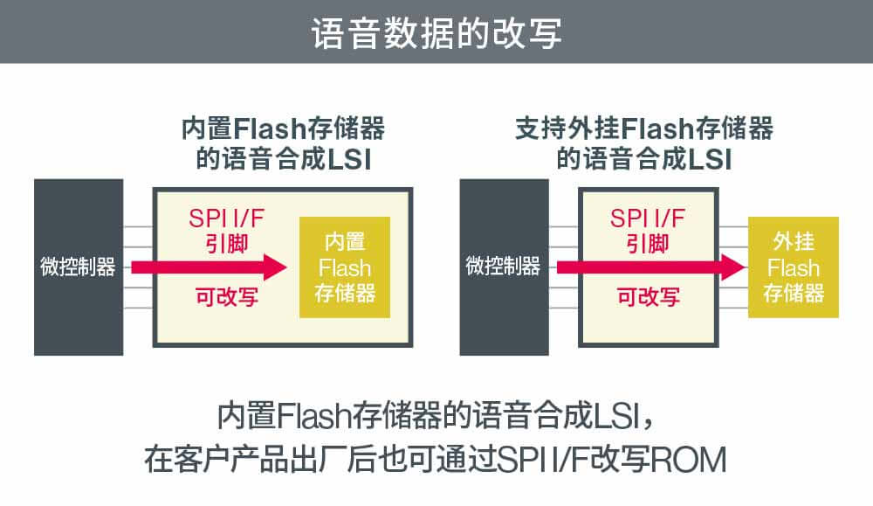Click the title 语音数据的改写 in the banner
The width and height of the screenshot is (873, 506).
click(436, 32)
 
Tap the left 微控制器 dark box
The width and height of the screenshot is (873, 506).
click(78, 267)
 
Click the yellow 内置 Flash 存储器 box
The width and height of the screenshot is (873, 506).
click(344, 267)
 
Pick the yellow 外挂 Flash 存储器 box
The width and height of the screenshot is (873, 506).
click(793, 267)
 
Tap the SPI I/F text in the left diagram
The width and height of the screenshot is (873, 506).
click(225, 218)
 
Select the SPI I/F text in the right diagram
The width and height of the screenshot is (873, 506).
click(649, 218)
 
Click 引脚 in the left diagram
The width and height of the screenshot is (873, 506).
click(225, 242)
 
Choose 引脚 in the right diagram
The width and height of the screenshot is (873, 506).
click(649, 242)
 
